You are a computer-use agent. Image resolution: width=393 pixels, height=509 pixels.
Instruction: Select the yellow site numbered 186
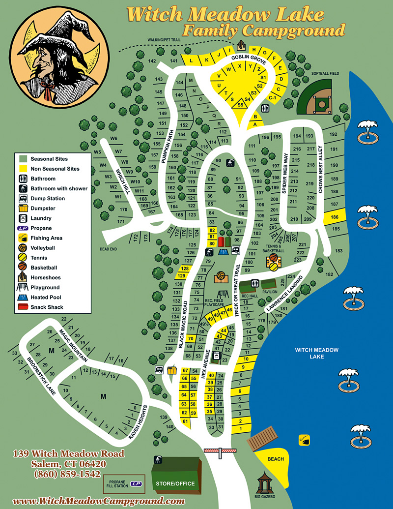pyautogui.click(x=335, y=217)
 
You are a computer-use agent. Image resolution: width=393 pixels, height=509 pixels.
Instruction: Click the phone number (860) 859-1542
pyautogui.click(x=67, y=475)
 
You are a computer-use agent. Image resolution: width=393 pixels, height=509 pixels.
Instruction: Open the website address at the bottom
pyautogui.click(x=98, y=501)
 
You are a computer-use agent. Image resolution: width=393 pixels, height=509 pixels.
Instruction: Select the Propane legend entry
pyautogui.click(x=41, y=228)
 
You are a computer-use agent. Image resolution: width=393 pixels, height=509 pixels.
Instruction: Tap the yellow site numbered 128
pyautogui.click(x=185, y=269)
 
